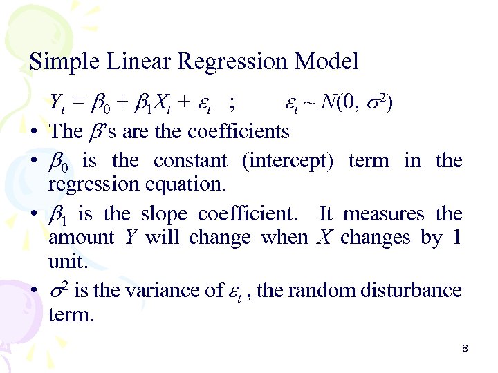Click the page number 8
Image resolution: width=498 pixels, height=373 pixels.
pyautogui.click(x=465, y=349)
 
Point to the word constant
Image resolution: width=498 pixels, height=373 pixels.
pyautogui.click(x=190, y=161)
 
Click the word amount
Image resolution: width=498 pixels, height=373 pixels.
pyautogui.click(x=81, y=238)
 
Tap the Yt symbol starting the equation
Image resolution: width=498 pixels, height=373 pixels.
pyautogui.click(x=56, y=104)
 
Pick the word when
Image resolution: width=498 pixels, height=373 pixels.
pyautogui.click(x=284, y=238)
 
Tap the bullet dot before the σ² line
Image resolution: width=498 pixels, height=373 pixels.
pyautogui.click(x=34, y=291)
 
